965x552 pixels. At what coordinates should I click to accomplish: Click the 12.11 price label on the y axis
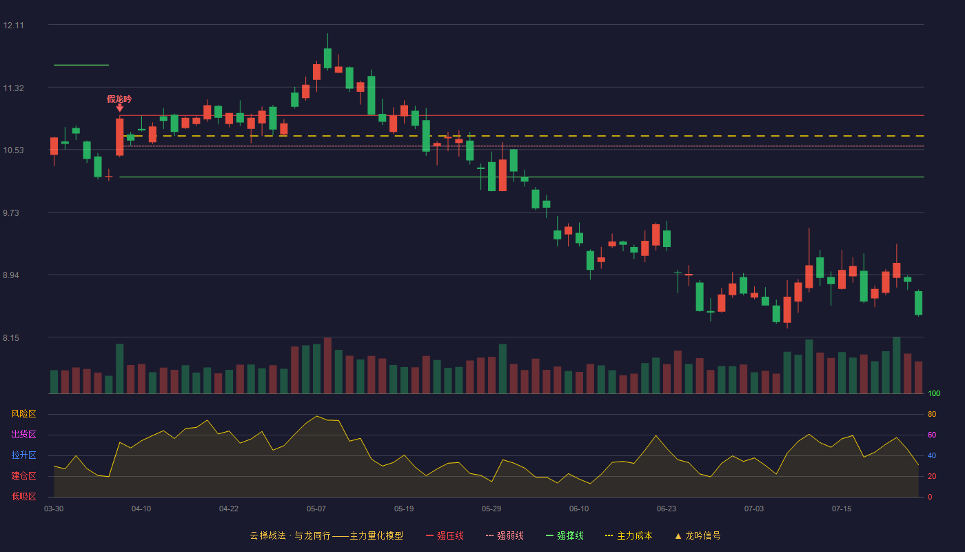coord(13,26)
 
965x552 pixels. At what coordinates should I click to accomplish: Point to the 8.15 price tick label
coord(11,338)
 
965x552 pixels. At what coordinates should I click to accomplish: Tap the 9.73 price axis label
coord(11,213)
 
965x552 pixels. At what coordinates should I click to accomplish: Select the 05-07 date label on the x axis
coord(316,509)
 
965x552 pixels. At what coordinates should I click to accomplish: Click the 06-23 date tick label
coord(667,509)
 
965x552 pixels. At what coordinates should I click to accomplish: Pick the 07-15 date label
coord(842,509)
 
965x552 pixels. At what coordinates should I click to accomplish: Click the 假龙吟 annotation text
coord(119,99)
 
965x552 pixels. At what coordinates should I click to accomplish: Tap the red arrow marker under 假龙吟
coord(120,108)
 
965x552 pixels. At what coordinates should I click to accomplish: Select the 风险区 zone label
coord(23,414)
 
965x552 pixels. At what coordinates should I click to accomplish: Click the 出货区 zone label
coord(23,434)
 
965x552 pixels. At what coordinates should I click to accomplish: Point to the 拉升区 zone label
coord(23,455)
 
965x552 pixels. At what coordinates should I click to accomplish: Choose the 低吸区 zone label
coord(23,496)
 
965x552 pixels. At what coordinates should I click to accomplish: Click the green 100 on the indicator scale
coord(934,393)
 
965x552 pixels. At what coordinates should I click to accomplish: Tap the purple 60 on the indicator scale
coord(932,435)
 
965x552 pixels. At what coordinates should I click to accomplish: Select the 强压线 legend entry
coord(445,535)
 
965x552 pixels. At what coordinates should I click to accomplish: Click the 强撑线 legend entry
coord(565,535)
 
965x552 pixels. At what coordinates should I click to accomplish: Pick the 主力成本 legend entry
coord(629,535)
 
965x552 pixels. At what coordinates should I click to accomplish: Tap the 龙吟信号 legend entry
coord(698,535)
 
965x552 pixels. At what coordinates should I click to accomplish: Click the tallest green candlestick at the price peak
coord(327,58)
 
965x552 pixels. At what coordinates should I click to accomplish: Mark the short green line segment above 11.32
coord(81,65)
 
